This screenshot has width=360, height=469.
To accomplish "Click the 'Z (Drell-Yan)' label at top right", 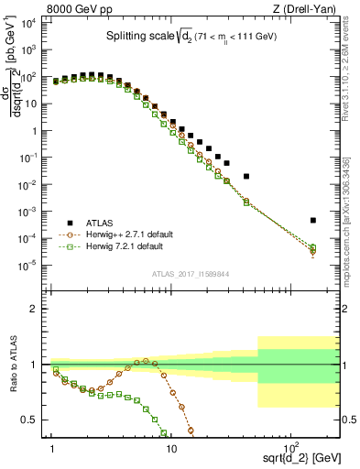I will click(303, 10).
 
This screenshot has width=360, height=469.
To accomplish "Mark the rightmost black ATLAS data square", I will click(312, 220).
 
